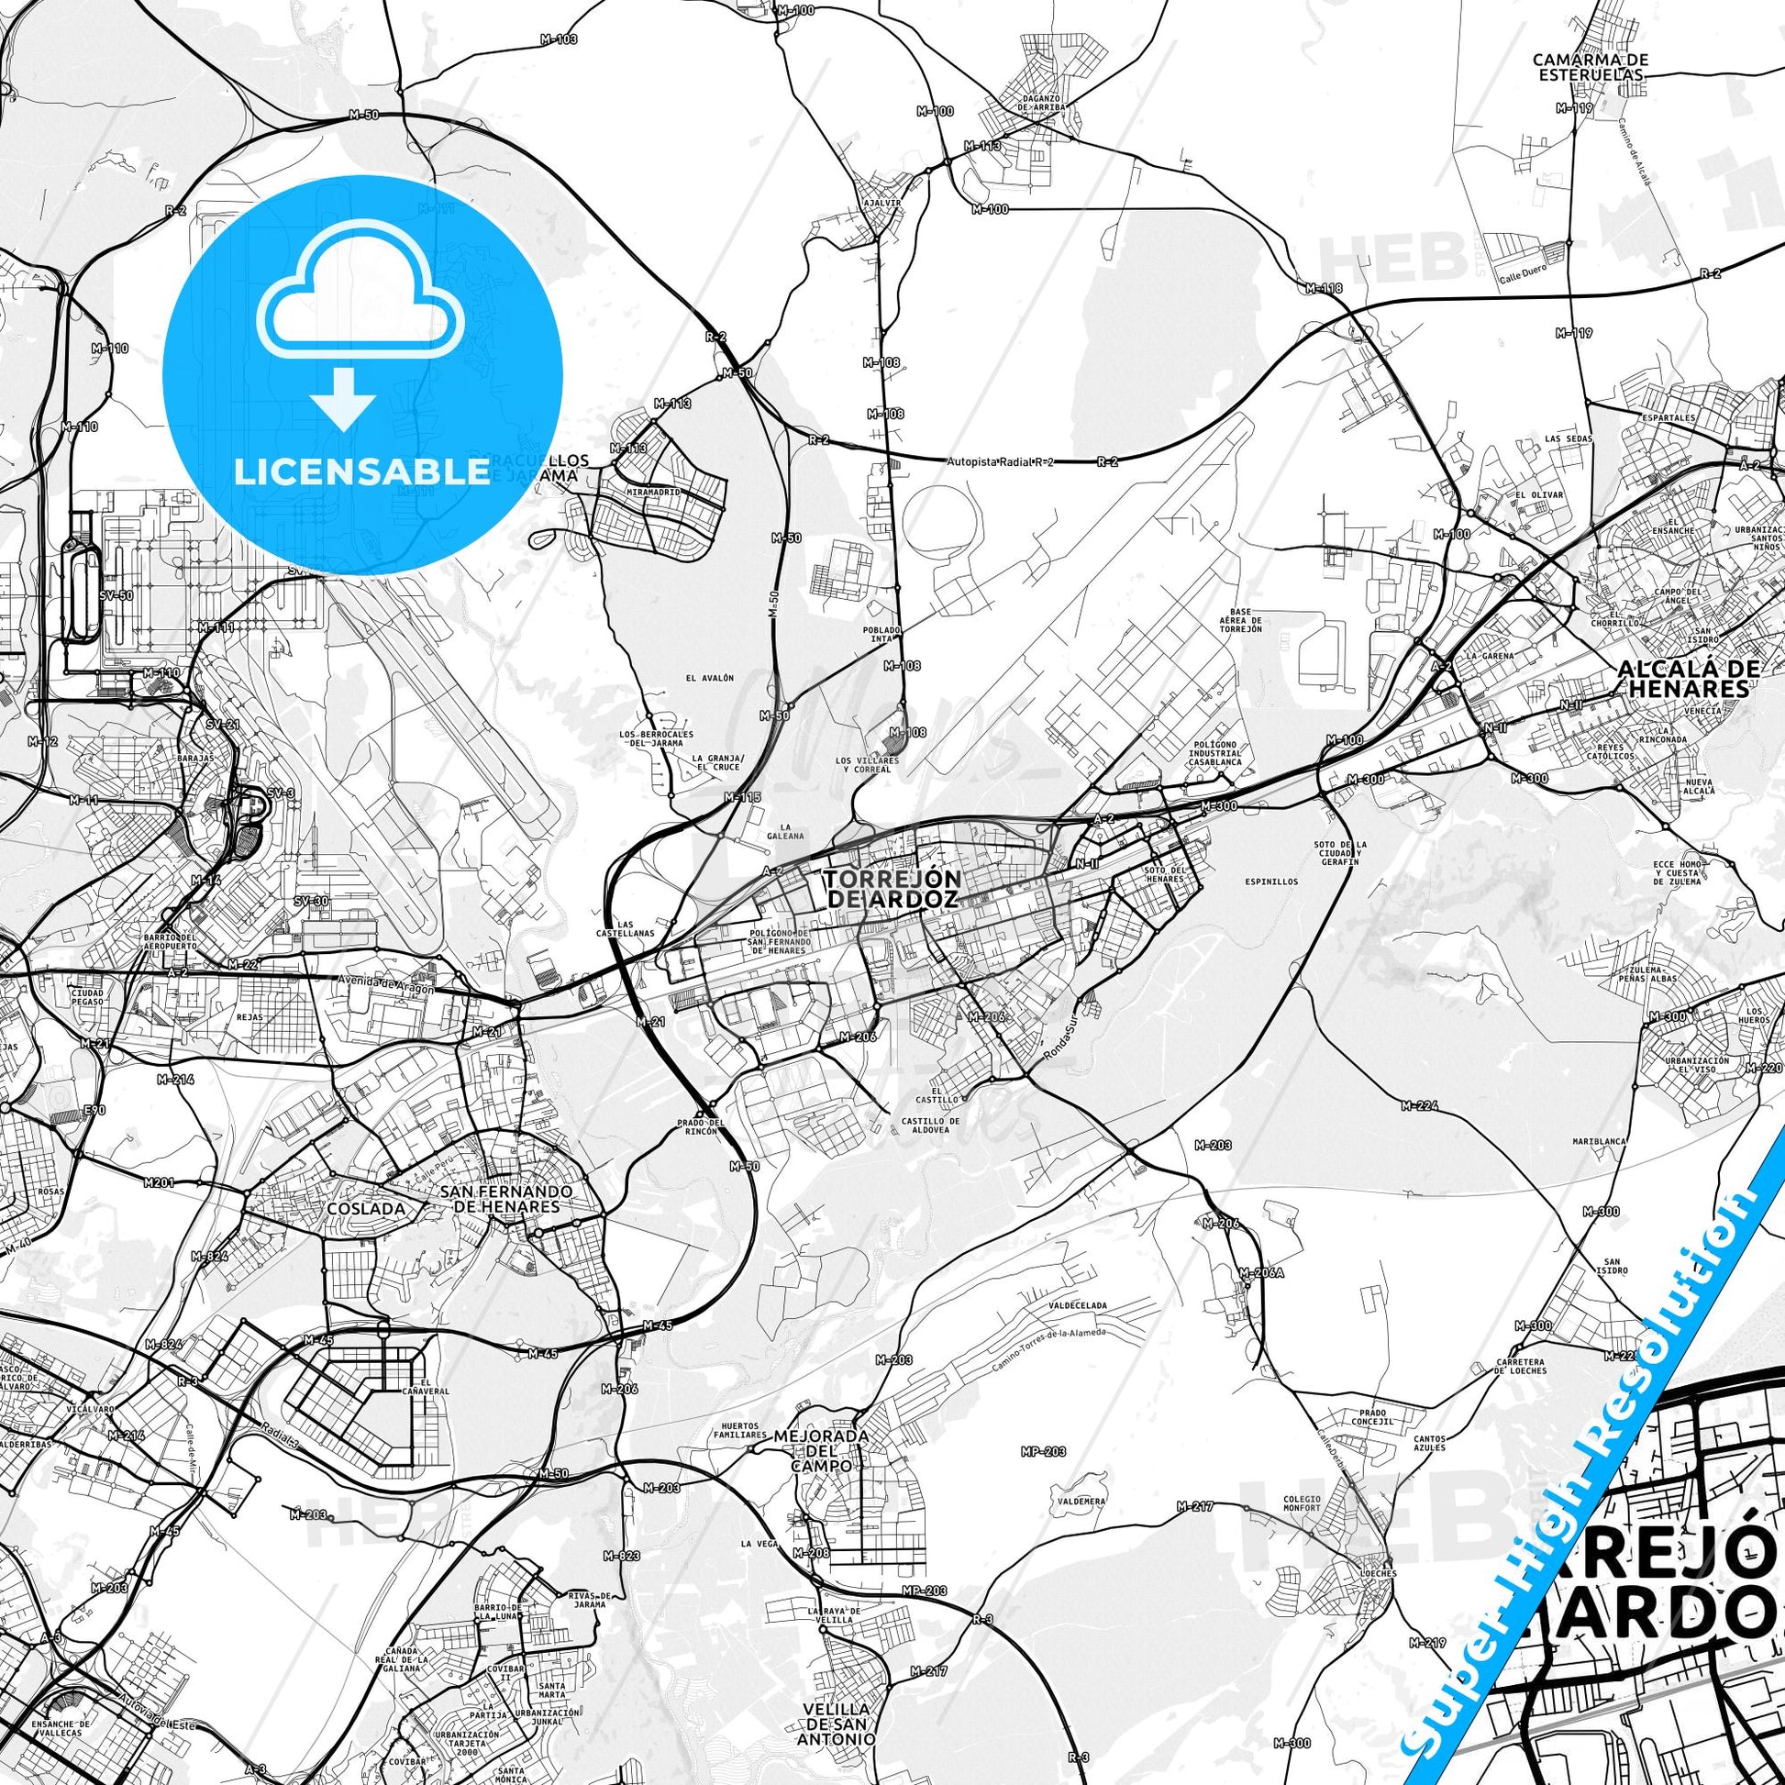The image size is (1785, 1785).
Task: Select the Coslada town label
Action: pyautogui.click(x=365, y=1207)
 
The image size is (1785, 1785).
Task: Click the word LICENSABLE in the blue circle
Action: pyautogui.click(x=361, y=471)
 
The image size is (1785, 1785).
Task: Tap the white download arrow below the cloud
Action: pyautogui.click(x=342, y=398)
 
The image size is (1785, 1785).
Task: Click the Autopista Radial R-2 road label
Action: pyautogui.click(x=1001, y=461)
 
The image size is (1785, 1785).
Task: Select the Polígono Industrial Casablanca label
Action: pyautogui.click(x=1215, y=752)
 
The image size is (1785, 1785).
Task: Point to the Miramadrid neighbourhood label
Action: pyautogui.click(x=652, y=493)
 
